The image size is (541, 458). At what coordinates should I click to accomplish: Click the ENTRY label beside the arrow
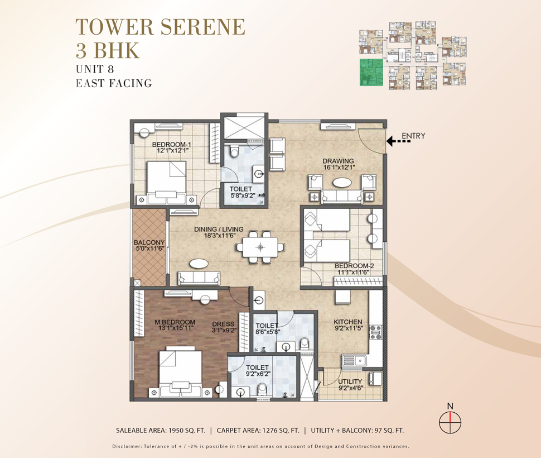point(413,136)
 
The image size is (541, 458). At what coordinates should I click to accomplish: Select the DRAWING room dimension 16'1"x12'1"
point(339,167)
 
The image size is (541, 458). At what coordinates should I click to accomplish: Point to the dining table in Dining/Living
point(260,247)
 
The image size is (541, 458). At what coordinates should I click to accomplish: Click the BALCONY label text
point(149,242)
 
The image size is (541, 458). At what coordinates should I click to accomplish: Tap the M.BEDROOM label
point(175,322)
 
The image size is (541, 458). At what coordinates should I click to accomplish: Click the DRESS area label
point(223,324)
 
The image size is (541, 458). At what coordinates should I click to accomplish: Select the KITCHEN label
point(348,322)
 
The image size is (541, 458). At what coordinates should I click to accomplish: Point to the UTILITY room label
point(350,381)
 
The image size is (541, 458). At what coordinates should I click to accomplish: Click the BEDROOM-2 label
point(354,266)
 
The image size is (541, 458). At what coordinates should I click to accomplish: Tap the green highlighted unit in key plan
point(371,72)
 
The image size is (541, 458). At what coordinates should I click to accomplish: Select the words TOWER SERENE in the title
point(161,27)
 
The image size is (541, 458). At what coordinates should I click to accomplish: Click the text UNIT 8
point(95,69)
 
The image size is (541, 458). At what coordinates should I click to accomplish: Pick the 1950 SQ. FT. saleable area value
point(187,431)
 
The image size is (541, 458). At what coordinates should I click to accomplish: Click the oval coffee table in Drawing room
point(342,182)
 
